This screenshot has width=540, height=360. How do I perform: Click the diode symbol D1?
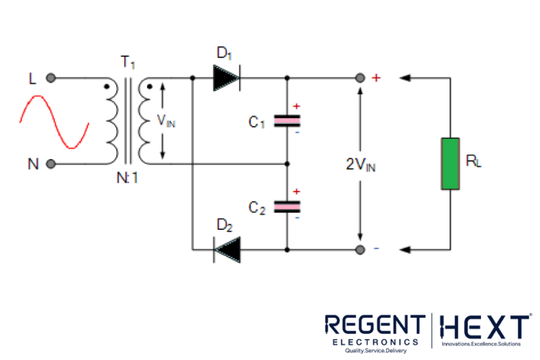click(226, 78)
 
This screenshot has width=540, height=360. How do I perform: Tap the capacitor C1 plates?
click(286, 121)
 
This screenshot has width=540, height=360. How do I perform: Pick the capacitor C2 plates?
click(286, 206)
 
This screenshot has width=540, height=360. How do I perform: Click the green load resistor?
click(450, 164)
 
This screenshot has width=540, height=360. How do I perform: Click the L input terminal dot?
click(51, 79)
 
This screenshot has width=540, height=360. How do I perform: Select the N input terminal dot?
click(51, 165)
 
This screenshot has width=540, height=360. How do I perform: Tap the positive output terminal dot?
click(360, 78)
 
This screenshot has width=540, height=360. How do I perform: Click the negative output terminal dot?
click(360, 250)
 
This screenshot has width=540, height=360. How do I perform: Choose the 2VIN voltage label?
click(359, 166)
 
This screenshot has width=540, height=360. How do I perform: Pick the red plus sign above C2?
click(296, 191)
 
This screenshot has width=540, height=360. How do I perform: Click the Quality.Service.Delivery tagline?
click(375, 349)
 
